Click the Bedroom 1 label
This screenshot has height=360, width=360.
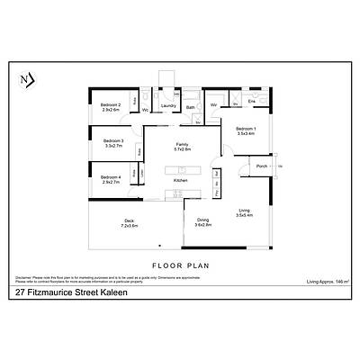[x=246, y=130]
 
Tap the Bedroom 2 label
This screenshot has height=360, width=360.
[x=111, y=106]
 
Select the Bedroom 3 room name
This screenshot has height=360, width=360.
[x=113, y=140]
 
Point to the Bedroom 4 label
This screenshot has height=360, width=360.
[x=111, y=177]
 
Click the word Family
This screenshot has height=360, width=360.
[x=182, y=145]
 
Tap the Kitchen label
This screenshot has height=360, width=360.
[x=180, y=182]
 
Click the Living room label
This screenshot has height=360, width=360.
[x=244, y=211]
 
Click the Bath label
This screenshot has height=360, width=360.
[x=191, y=107]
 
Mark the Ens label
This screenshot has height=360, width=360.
[x=253, y=101]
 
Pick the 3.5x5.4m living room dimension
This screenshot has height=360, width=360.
[x=244, y=216]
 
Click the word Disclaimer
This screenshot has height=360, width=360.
[x=23, y=277]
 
